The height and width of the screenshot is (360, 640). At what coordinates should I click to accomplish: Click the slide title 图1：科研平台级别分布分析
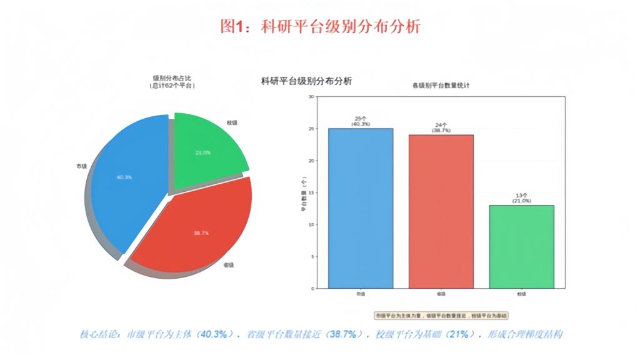(x=320, y=26)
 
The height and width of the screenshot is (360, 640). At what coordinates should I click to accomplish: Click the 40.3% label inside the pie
(x=124, y=177)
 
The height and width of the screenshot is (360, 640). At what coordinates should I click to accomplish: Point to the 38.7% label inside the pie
(x=201, y=232)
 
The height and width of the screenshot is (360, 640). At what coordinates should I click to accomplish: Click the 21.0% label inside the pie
(x=203, y=152)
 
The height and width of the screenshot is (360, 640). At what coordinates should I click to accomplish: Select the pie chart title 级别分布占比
(x=172, y=77)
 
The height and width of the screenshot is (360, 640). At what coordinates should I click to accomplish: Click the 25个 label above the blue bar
(x=361, y=118)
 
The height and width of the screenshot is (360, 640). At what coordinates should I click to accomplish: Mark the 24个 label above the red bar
(x=441, y=125)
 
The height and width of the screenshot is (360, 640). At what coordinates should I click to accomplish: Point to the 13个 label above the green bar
(x=521, y=195)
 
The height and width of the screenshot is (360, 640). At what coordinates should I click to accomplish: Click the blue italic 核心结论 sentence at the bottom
(x=320, y=334)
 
